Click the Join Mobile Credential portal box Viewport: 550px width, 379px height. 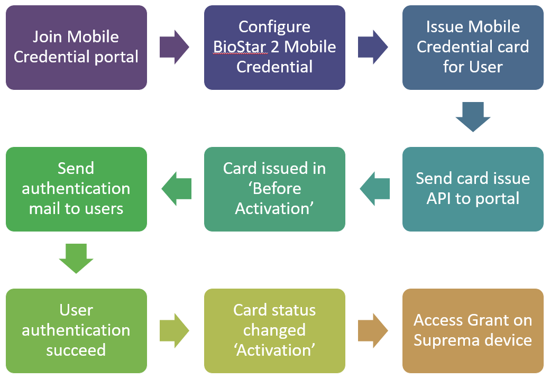(x=76, y=47)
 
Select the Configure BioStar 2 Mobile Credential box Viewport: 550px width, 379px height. (x=274, y=47)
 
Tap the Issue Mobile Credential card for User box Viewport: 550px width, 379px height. (x=473, y=47)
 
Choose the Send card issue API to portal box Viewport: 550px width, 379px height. (x=473, y=189)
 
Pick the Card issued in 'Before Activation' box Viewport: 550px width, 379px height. (x=274, y=189)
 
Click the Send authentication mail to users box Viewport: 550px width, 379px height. (x=76, y=189)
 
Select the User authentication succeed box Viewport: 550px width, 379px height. (x=76, y=330)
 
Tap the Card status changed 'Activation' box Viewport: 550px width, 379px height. (x=274, y=330)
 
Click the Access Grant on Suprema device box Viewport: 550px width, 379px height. (x=473, y=330)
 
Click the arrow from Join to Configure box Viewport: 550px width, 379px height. (x=175, y=47)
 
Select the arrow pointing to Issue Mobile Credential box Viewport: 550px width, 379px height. (x=373, y=47)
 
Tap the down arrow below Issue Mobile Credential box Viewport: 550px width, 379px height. (x=473, y=117)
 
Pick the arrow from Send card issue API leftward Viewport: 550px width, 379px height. (x=374, y=189)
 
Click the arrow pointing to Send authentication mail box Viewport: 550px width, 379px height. (x=176, y=189)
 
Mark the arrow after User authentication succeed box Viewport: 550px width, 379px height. (x=175, y=330)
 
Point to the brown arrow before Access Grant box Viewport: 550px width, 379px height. (x=373, y=330)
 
